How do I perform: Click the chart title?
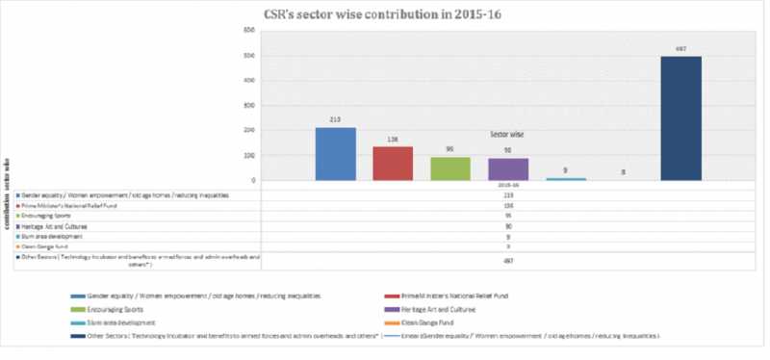[x=386, y=13]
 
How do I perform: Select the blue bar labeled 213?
[x=335, y=154]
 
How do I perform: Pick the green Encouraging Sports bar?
[x=449, y=169]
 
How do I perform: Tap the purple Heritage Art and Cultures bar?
[x=508, y=169]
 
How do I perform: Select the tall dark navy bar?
[x=680, y=118]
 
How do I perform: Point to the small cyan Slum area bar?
[x=565, y=178]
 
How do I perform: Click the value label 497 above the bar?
[x=680, y=48]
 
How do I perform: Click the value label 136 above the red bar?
[x=393, y=140]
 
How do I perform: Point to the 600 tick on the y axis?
[x=248, y=30]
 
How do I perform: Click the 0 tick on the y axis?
[x=252, y=180]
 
